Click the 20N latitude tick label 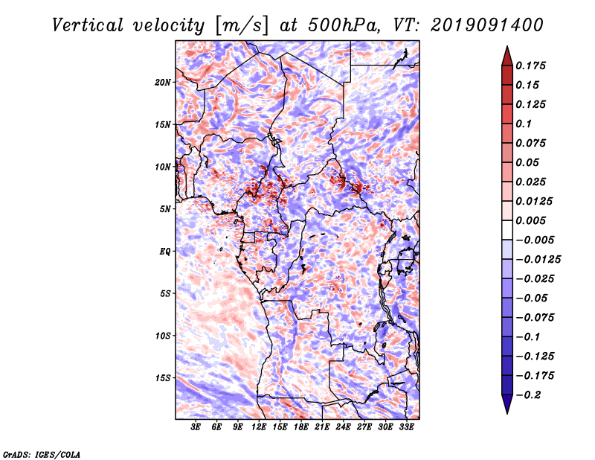[x=163, y=83]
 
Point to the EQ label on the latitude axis [x=164, y=252]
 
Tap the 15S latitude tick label [x=163, y=378]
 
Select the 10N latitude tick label [x=163, y=167]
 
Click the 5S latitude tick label [x=165, y=293]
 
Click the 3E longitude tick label [x=196, y=427]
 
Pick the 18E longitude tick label [x=301, y=427]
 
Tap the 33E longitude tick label [x=406, y=427]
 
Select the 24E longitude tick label [x=343, y=427]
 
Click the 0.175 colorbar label [x=530, y=66]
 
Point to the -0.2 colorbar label [x=528, y=395]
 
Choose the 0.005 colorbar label [x=530, y=220]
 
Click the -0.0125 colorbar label [x=538, y=260]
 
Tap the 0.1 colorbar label [x=524, y=124]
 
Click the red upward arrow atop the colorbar [x=507, y=56]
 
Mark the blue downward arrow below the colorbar [x=507, y=404]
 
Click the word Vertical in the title [x=88, y=25]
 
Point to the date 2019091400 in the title [x=487, y=25]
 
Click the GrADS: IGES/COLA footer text [x=42, y=454]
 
